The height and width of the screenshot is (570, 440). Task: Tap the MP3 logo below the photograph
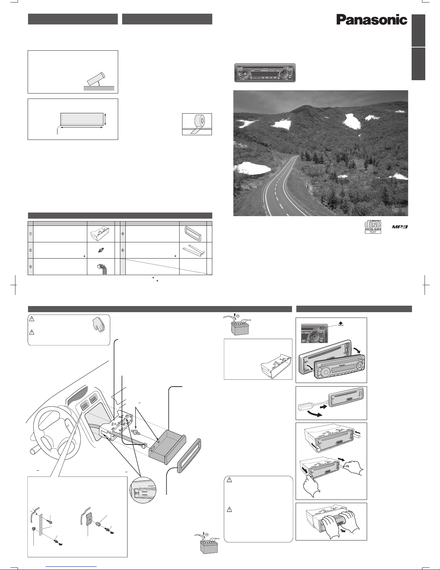click(400, 227)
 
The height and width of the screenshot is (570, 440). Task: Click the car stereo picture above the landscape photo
click(265, 73)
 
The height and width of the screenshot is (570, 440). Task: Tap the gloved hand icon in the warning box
click(98, 324)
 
